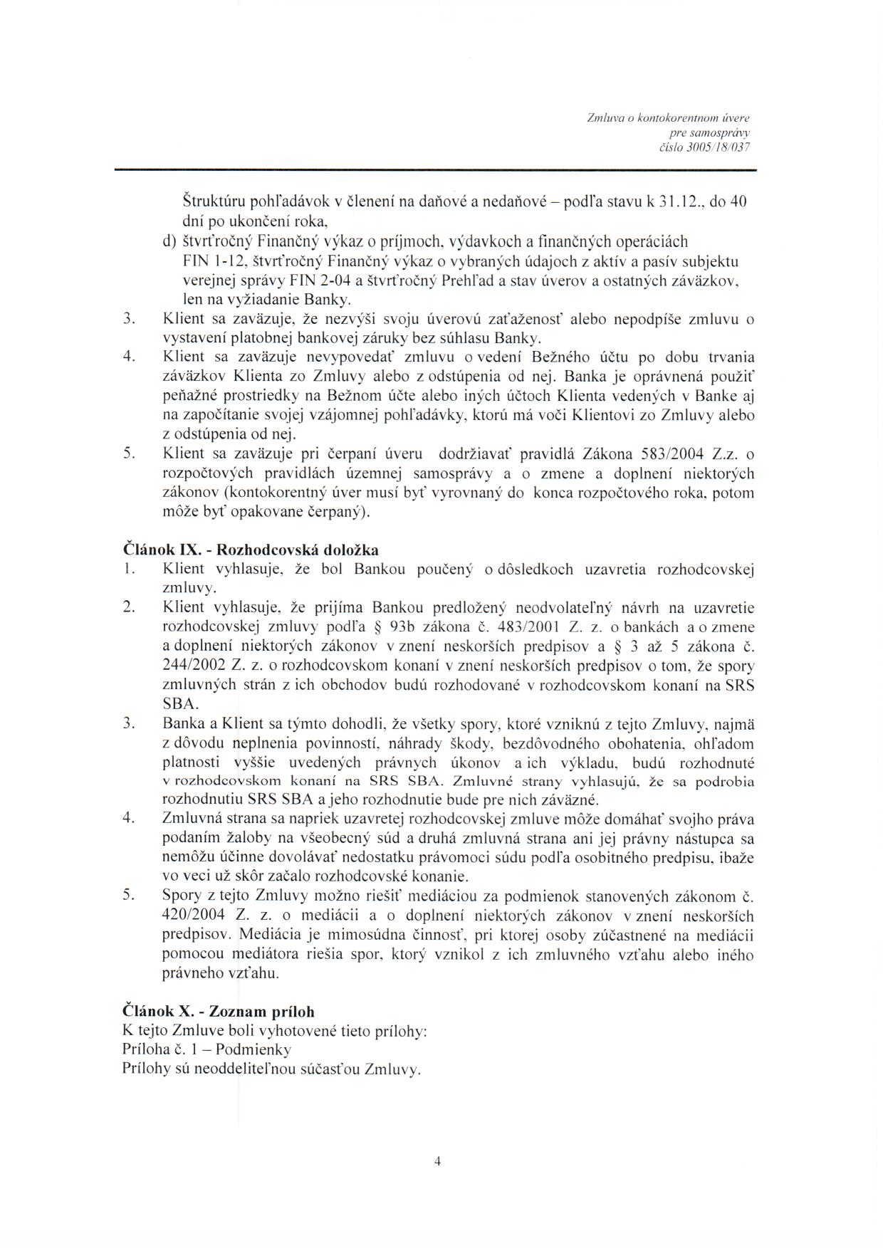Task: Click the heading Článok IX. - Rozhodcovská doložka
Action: (x=251, y=550)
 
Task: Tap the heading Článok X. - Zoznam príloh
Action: (x=219, y=1011)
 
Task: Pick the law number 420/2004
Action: (x=189, y=916)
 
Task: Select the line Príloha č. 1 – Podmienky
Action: (x=207, y=1049)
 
